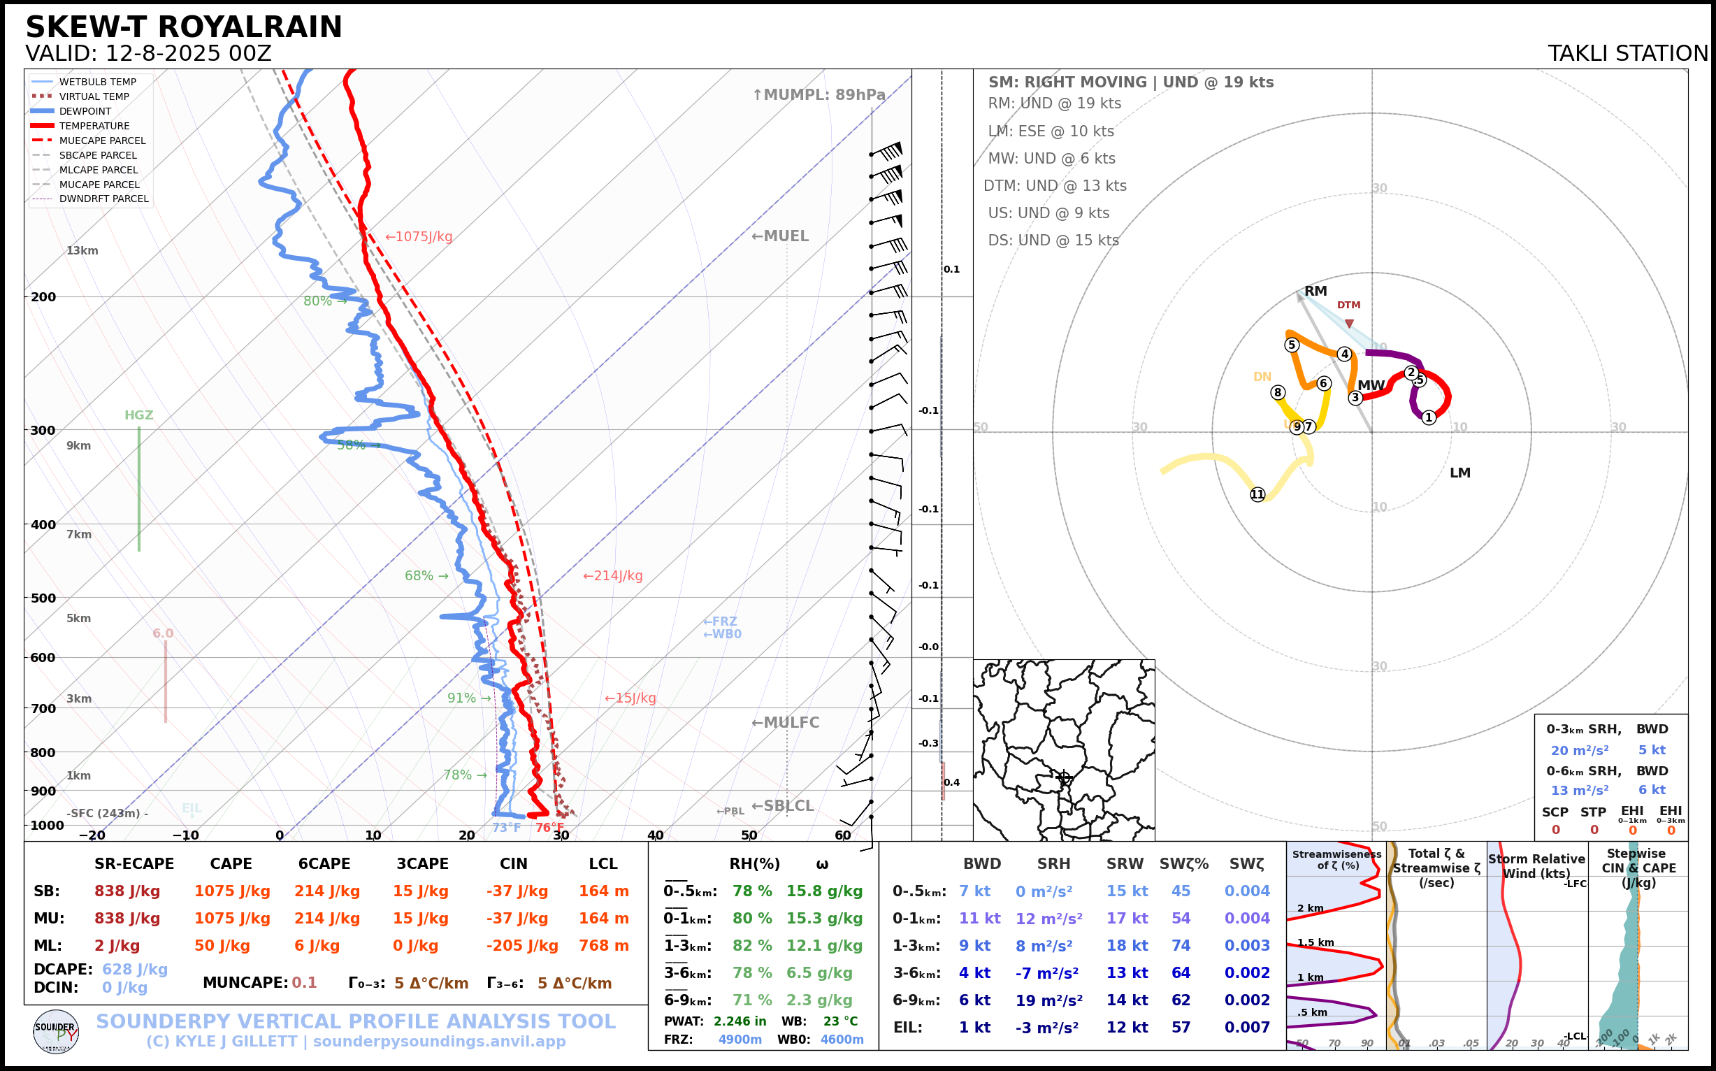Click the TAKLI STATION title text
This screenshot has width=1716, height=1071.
[x=1627, y=54]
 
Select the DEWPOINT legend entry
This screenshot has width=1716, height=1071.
[x=85, y=111]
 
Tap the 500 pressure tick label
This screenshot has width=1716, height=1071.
[x=43, y=598]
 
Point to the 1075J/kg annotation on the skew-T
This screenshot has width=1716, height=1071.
[x=419, y=236]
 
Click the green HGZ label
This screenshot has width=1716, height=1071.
[x=139, y=415]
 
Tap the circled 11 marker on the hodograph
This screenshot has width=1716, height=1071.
[x=1257, y=494]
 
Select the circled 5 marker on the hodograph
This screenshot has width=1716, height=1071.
[x=1292, y=345]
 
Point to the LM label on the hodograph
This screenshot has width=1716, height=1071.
[x=1459, y=473]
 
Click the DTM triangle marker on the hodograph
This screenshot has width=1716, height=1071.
[x=1349, y=324]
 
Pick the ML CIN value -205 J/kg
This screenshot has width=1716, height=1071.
[x=522, y=946]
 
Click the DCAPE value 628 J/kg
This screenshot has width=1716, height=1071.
[x=135, y=969]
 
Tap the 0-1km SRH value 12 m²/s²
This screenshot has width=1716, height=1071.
[x=1049, y=919]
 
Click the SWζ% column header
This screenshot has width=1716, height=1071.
[x=1183, y=864]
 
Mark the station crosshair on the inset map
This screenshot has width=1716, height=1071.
[x=1063, y=777]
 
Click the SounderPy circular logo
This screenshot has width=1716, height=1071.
[x=56, y=1031]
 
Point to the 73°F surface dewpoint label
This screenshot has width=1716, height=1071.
[x=506, y=827]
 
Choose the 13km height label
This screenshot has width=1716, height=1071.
[x=82, y=251]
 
